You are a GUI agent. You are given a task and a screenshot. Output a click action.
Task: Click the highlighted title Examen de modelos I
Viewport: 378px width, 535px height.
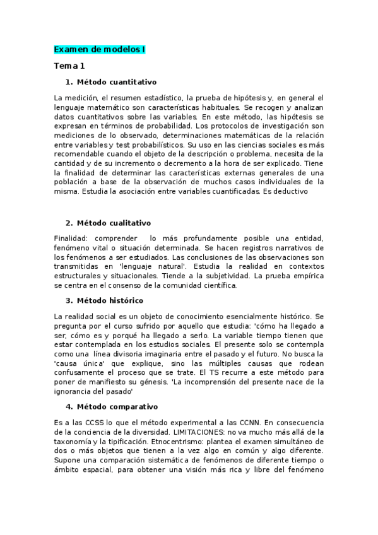click(100, 49)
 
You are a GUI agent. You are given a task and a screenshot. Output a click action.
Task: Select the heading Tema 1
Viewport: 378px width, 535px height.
click(69, 66)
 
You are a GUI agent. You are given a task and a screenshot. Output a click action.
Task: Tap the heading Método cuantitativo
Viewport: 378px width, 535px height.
click(116, 83)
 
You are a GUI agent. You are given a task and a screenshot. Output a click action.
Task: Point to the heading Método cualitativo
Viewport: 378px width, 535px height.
click(114, 223)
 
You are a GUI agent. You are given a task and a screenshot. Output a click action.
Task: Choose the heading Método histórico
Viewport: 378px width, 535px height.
click(110, 300)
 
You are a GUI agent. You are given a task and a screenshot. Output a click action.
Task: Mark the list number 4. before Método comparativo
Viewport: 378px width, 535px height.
click(69, 406)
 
